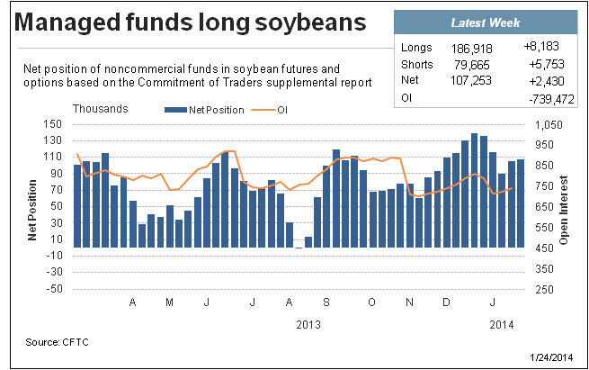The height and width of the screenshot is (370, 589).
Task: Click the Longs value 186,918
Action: point(471,49)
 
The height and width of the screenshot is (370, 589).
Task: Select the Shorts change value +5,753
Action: point(547,64)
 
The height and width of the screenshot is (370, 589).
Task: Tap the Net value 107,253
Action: point(470,80)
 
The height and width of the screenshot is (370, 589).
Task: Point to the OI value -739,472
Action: point(551,99)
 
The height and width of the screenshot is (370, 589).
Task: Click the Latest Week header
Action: point(486,23)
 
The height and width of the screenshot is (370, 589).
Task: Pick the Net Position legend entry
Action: point(204,110)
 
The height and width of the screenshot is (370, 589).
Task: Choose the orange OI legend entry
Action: point(270,110)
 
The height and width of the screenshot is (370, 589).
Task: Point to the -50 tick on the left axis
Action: point(54,289)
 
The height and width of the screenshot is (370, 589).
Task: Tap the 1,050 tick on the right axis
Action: point(549,124)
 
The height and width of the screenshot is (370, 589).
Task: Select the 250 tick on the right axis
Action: point(544,289)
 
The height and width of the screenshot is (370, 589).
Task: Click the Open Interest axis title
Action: point(564,210)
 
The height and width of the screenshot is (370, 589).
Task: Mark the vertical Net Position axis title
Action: point(32,210)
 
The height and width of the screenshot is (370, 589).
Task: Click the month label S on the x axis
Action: point(326,302)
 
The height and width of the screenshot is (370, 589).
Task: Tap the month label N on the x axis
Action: point(409,302)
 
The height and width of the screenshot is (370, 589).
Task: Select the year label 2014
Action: point(502,324)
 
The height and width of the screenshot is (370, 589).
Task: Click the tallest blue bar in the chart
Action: point(474,190)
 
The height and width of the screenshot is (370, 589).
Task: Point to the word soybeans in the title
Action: point(310,23)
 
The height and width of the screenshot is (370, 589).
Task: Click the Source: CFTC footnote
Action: point(57,342)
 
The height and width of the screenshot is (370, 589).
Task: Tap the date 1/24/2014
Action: point(551,357)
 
